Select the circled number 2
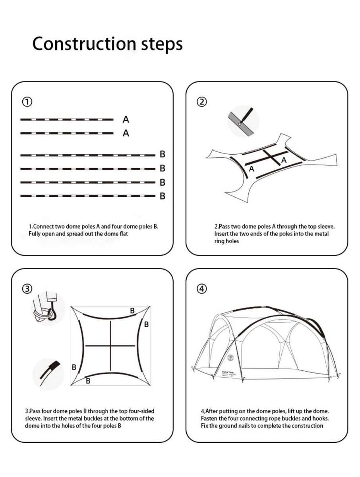pos(202,102)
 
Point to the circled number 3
pos(27,289)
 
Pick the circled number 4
pos(202,289)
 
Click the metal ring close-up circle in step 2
pos(243,121)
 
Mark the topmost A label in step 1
pos(126,119)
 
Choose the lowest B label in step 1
pos(162,196)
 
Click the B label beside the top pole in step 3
pos(132,310)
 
